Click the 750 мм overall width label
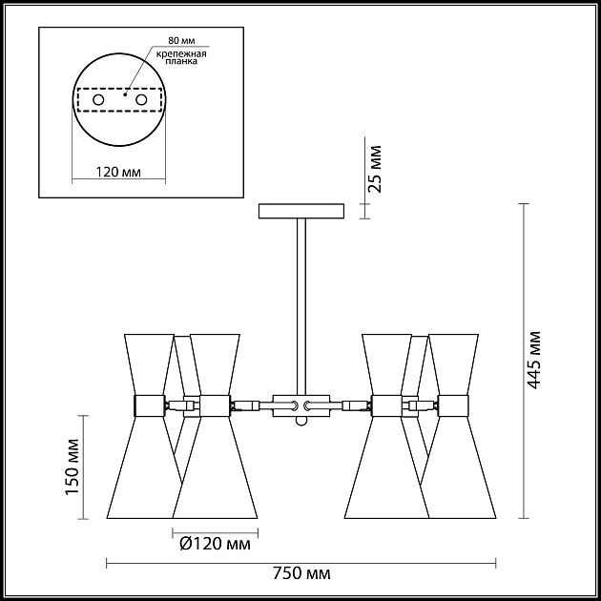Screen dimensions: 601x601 click(x=301, y=573)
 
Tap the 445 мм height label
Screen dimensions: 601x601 click(x=533, y=360)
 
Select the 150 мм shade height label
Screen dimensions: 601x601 click(x=73, y=466)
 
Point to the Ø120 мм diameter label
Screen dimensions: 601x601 click(x=215, y=544)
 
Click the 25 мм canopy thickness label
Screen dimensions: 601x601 click(x=374, y=169)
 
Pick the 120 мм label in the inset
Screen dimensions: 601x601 click(x=118, y=172)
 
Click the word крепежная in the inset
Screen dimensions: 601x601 click(x=181, y=53)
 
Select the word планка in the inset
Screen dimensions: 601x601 click(x=181, y=61)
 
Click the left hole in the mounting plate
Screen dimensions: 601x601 click(x=98, y=100)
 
